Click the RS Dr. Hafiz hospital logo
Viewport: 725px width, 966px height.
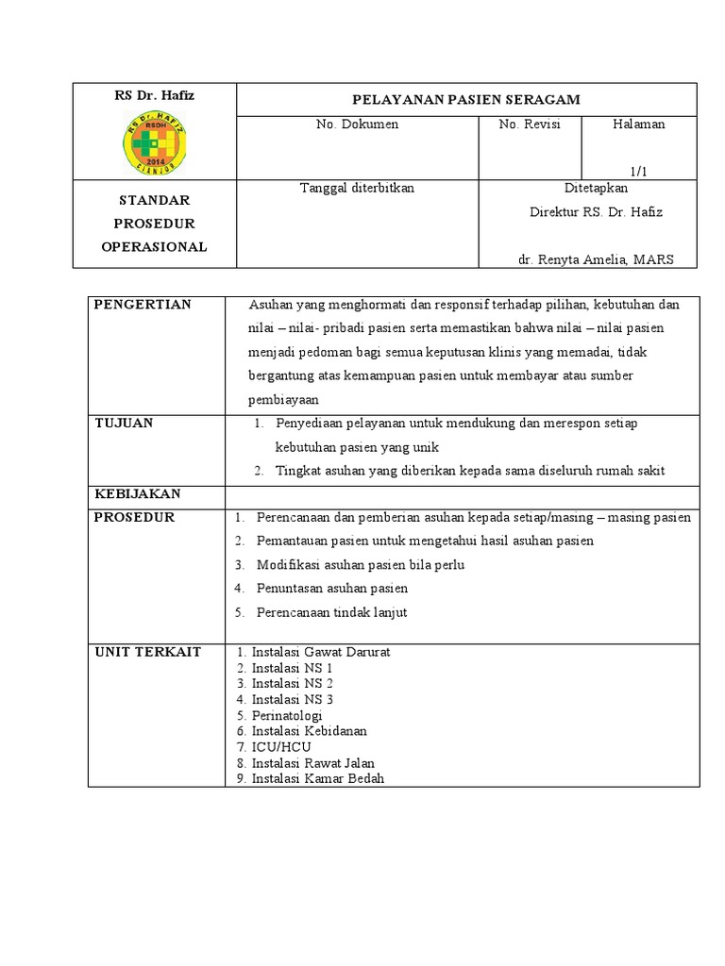(154, 142)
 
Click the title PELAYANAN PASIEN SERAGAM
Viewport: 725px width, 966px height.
(465, 99)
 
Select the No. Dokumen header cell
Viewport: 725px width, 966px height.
(357, 125)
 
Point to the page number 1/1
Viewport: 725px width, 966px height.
(639, 171)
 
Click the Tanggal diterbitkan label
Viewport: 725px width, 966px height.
(357, 188)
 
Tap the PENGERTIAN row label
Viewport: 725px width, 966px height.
(143, 305)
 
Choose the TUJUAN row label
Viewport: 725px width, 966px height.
(124, 424)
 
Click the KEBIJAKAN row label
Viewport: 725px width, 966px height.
(137, 494)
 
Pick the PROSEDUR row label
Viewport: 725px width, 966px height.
(134, 518)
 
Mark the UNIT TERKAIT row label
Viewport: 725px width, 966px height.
(147, 653)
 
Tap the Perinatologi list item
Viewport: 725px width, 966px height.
(290, 715)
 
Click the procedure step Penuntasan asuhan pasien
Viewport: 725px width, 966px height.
(332, 589)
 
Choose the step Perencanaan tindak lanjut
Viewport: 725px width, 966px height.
(332, 612)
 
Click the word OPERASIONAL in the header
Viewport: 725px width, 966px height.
(154, 247)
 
